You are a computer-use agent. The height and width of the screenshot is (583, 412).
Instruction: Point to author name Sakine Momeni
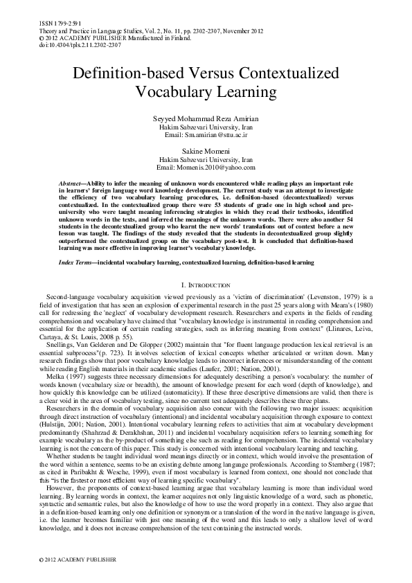tap(206, 151)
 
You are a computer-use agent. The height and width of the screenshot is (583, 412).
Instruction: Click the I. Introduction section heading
tap(206, 266)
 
